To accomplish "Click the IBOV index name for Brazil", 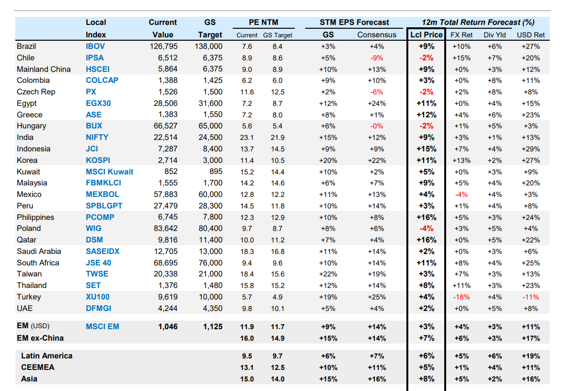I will point(95,46).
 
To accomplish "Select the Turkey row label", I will point(29,297).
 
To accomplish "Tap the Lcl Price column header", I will point(426,34).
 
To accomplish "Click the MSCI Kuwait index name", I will point(109,172).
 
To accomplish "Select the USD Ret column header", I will point(530,34).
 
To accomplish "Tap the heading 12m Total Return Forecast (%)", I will point(478,22).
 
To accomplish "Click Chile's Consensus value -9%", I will point(377,58).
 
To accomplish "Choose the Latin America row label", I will point(46,356).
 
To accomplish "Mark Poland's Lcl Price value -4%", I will point(426,229).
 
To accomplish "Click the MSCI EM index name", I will point(103,327).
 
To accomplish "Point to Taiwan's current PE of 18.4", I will point(247,274).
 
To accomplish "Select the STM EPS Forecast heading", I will point(354,22).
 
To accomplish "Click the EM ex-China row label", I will point(40,338).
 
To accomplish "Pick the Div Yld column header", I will point(495,34).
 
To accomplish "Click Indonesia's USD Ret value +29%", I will point(530,149).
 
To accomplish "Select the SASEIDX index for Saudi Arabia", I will point(103,251).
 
